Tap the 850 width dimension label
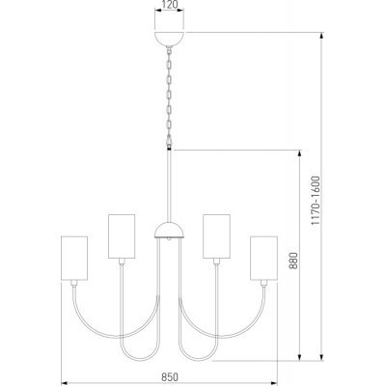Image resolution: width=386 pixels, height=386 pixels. pyautogui.click(x=170, y=376)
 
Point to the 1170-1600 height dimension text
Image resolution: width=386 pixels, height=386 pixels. pyautogui.click(x=316, y=200)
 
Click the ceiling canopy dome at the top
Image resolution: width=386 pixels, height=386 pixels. pyautogui.click(x=170, y=40)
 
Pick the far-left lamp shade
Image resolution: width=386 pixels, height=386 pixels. pyautogui.click(x=74, y=258)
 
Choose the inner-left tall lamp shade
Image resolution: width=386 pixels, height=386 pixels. pyautogui.click(x=122, y=236)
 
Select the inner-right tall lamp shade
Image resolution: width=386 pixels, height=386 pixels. pyautogui.click(x=216, y=236)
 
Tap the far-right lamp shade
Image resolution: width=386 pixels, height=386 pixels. pyautogui.click(x=263, y=258)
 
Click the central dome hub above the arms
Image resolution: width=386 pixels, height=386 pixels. pyautogui.click(x=170, y=230)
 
